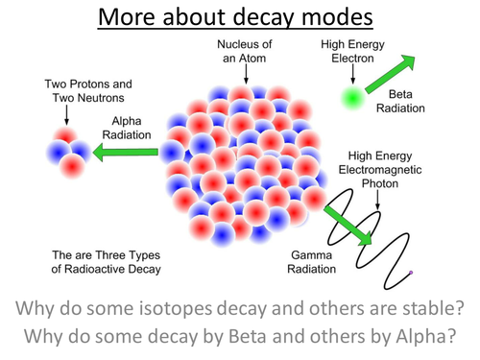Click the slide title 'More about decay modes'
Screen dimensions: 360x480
point(240,16)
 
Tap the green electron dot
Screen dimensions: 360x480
point(351,96)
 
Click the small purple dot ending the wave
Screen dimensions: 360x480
point(412,274)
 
